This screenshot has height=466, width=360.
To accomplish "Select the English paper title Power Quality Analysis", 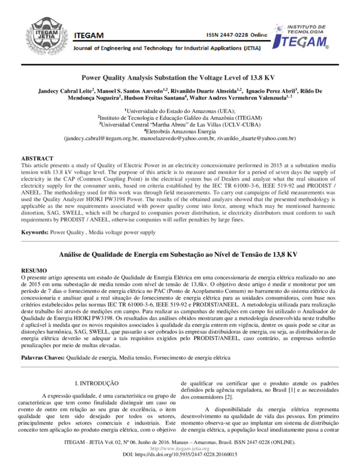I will [x=179, y=77].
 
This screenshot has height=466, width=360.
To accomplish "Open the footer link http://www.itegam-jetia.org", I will [x=179, y=449].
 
